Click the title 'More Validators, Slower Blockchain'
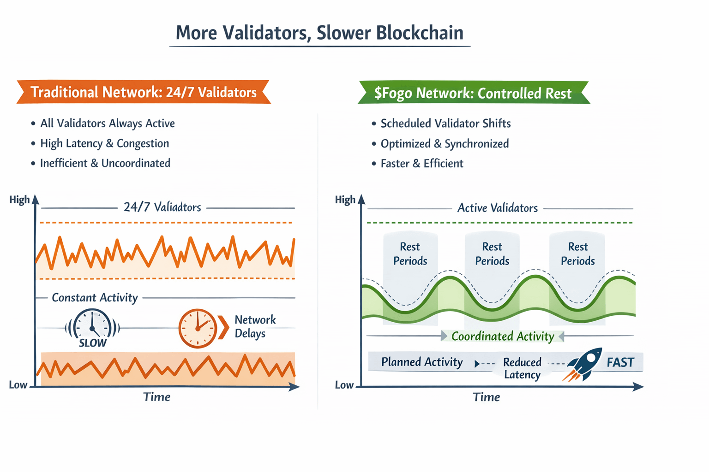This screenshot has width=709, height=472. pyautogui.click(x=319, y=33)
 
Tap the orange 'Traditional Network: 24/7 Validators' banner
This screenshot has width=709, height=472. pyautogui.click(x=144, y=92)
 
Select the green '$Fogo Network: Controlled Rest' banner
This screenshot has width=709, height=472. pyautogui.click(x=473, y=93)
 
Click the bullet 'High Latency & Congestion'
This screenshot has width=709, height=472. pyautogui.click(x=104, y=143)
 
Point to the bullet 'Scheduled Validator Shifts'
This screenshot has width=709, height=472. pyautogui.click(x=445, y=124)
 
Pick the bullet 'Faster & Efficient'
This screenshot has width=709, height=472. pyautogui.click(x=421, y=164)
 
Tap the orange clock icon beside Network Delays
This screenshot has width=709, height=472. pyautogui.click(x=198, y=328)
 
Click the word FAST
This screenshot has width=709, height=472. pyautogui.click(x=620, y=362)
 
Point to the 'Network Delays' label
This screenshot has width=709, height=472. pyautogui.click(x=255, y=326)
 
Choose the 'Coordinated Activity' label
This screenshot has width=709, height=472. pyautogui.click(x=502, y=336)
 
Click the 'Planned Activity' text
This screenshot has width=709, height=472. pyautogui.click(x=421, y=362)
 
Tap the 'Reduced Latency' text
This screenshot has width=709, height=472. pyautogui.click(x=522, y=368)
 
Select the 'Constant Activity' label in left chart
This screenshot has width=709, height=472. pyautogui.click(x=95, y=298)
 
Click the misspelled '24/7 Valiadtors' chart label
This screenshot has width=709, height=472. pyautogui.click(x=162, y=207)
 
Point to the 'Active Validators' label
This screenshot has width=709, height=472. pyautogui.click(x=497, y=208)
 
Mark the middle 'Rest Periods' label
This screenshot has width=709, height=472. pyautogui.click(x=492, y=254)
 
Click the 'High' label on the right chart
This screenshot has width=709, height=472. pyautogui.click(x=345, y=200)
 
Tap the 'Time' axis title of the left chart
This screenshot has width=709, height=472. pyautogui.click(x=156, y=397)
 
